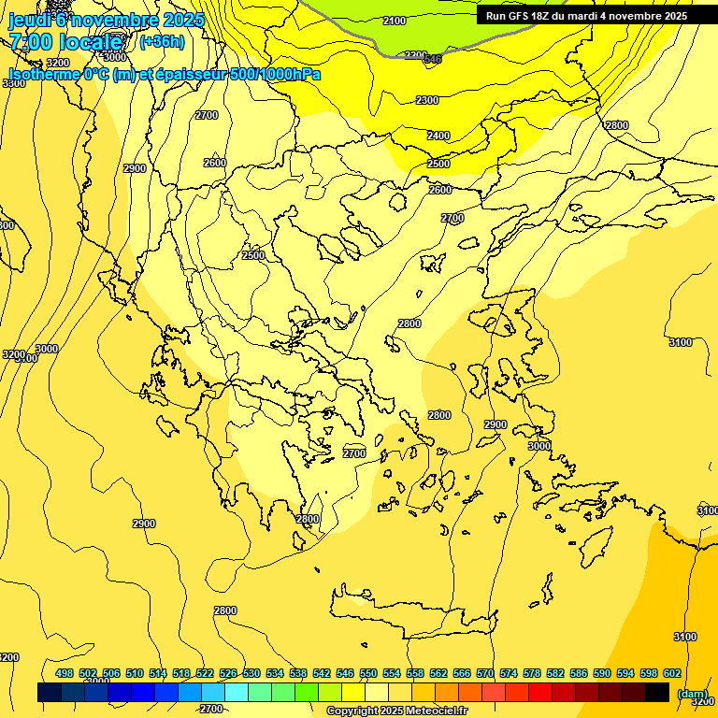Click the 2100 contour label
point(395,21)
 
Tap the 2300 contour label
point(426,100)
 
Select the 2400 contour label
point(438,136)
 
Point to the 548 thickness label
point(432,60)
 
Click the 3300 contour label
point(14,83)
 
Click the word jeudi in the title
point(27,19)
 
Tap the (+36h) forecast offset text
point(162,41)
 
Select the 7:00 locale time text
point(66,41)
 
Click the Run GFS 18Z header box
point(586,16)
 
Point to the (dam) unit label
point(692,694)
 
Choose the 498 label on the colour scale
point(65,673)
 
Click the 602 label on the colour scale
point(672,673)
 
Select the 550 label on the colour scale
point(368,673)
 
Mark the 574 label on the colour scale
point(509,673)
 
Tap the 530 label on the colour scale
point(251,673)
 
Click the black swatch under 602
point(657,692)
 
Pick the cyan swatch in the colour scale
point(237,692)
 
